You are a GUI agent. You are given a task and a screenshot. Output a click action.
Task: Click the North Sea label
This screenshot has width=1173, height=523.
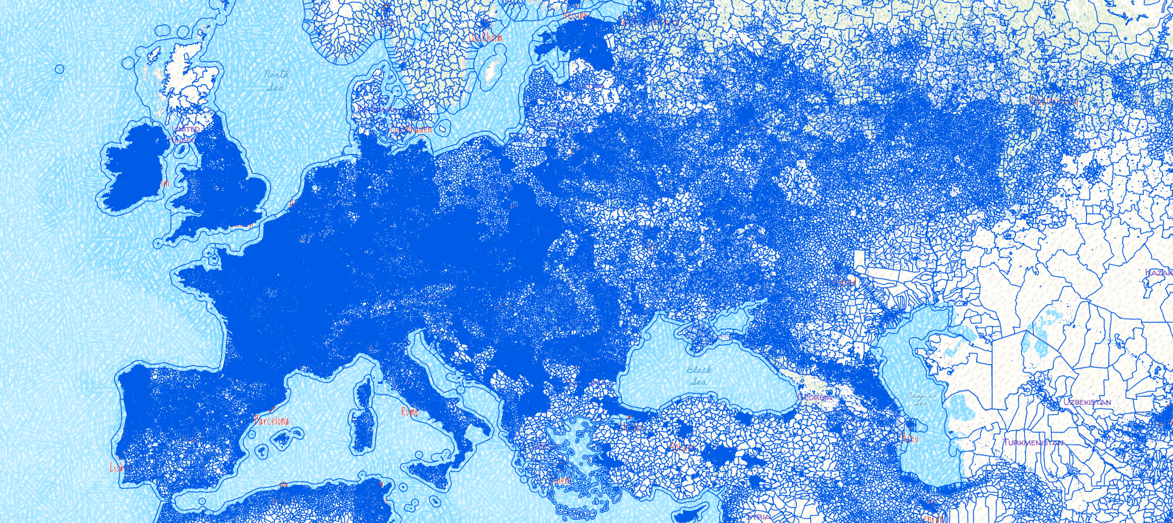point(276,81)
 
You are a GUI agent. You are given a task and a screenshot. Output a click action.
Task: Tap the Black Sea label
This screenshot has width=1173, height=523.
point(699,375)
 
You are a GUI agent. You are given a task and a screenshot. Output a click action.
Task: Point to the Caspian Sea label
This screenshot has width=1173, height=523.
point(921,399)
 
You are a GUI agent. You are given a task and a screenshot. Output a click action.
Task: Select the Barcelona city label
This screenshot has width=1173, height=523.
point(272,421)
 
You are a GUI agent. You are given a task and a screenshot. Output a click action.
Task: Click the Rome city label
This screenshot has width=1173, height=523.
point(410,412)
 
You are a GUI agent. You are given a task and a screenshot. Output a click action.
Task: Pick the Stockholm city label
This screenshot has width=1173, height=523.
point(486,38)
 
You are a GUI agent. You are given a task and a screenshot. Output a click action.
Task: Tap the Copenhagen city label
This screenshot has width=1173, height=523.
point(411,129)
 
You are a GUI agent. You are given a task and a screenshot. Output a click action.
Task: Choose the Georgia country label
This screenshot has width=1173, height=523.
point(815,398)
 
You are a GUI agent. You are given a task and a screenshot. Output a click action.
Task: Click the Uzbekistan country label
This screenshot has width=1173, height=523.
point(1087,402)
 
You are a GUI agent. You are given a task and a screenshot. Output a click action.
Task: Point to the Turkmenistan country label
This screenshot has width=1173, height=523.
point(1033,442)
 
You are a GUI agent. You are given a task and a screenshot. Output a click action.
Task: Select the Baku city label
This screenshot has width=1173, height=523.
point(910,438)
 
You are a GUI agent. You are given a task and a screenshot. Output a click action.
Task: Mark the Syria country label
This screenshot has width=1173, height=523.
point(759,517)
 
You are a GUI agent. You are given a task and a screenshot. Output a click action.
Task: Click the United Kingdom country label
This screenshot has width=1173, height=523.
point(186,134)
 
